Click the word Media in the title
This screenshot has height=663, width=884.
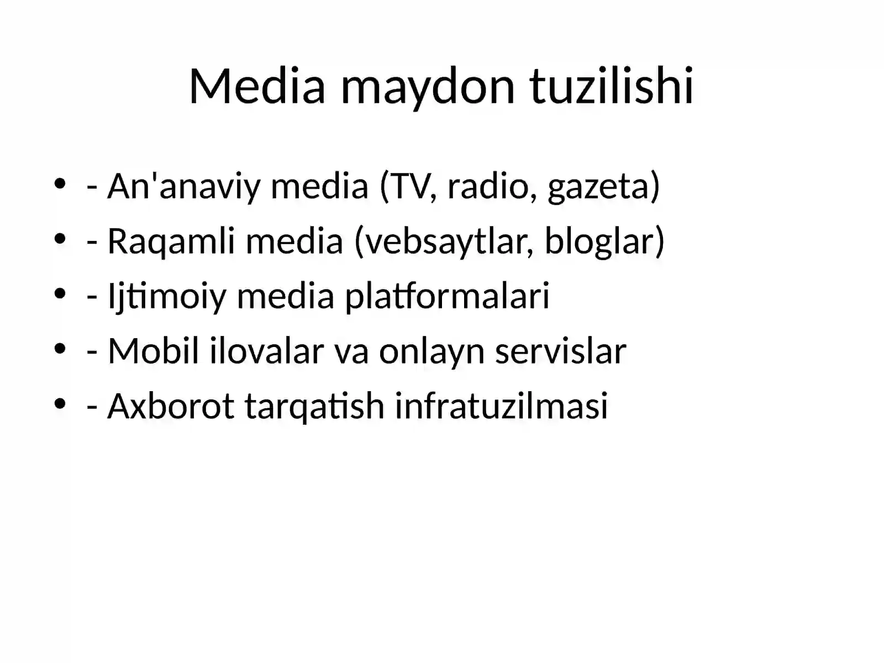(257, 86)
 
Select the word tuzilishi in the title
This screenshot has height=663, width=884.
(612, 86)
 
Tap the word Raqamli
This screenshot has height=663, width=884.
(171, 241)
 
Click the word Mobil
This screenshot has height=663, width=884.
(153, 351)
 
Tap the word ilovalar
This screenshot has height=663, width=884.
(266, 351)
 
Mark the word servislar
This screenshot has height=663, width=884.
(560, 351)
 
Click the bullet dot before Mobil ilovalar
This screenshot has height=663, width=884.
(60, 349)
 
